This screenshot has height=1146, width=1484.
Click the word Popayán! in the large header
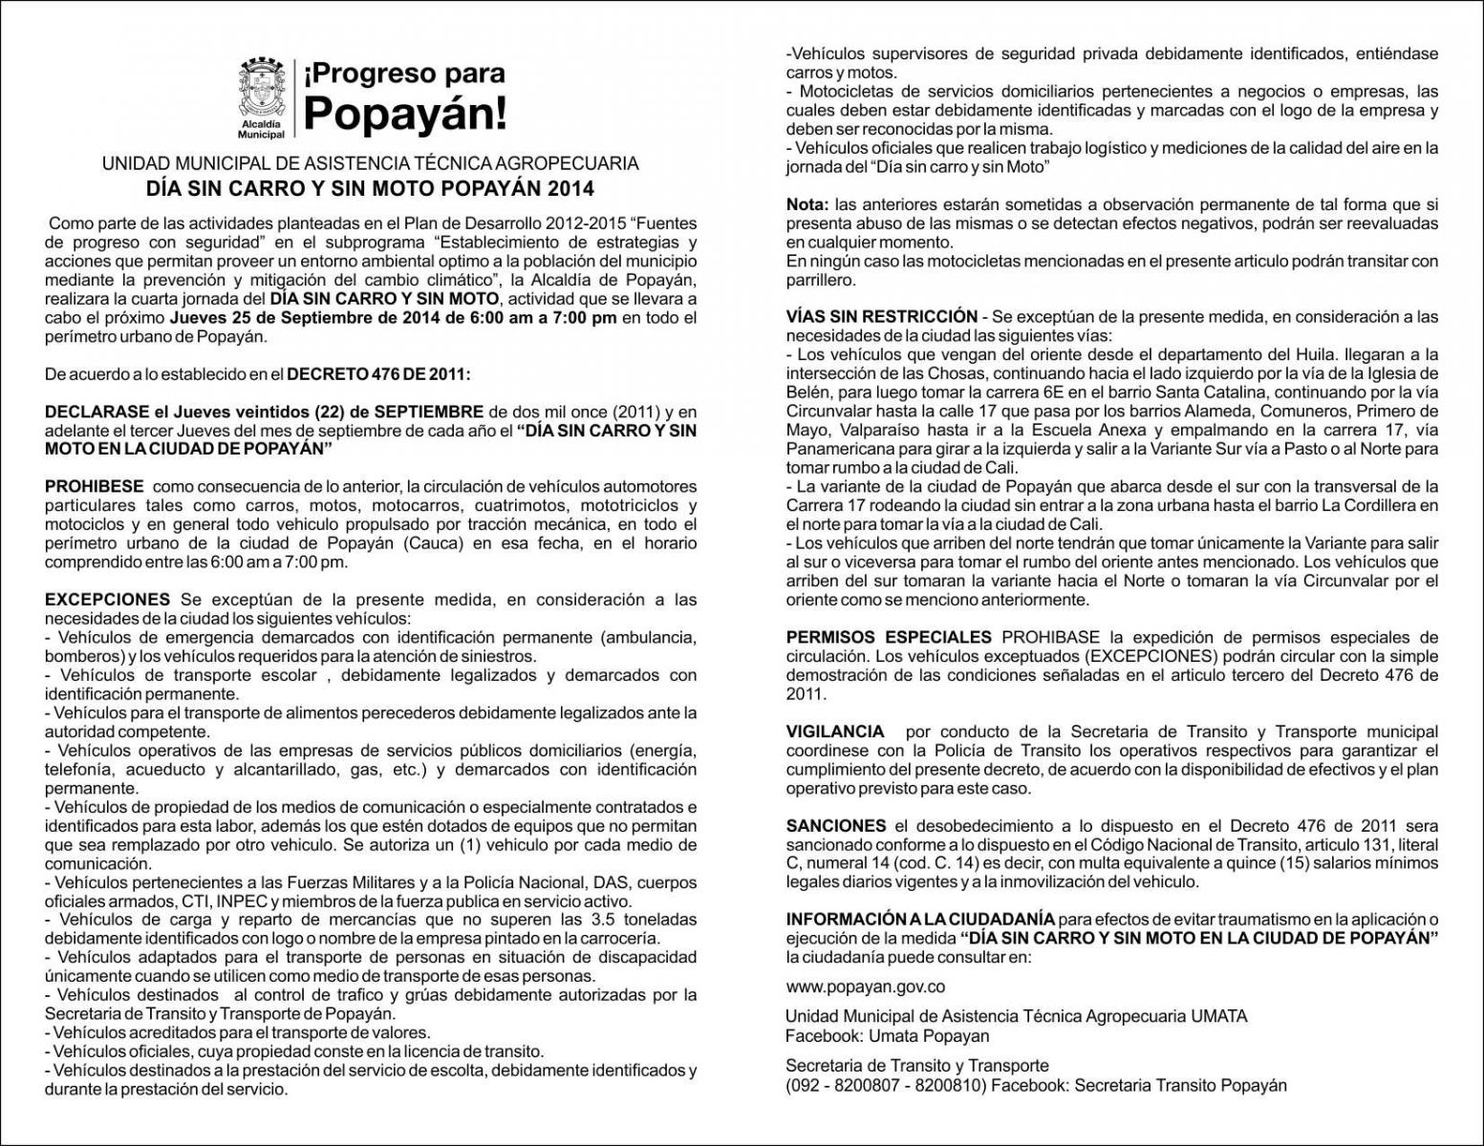[x=405, y=115]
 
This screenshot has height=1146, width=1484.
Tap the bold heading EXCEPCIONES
[x=107, y=600]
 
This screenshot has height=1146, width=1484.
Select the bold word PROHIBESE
[x=95, y=487]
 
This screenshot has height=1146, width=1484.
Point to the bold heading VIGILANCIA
[x=835, y=732]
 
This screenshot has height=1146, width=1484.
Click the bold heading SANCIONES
[x=836, y=826]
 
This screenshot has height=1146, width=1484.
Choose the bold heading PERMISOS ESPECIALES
[x=889, y=637]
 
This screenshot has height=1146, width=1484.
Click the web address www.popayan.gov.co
[x=866, y=987]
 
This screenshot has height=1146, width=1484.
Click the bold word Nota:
[x=807, y=204]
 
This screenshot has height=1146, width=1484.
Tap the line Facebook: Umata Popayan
[x=887, y=1036]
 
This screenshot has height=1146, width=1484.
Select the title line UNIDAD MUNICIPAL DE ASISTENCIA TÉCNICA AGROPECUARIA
[x=370, y=163]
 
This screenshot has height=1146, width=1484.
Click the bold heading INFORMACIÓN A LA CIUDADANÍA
[x=920, y=920]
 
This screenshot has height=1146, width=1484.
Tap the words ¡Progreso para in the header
[x=404, y=74]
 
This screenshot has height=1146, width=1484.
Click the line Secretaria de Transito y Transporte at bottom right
[x=916, y=1066]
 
